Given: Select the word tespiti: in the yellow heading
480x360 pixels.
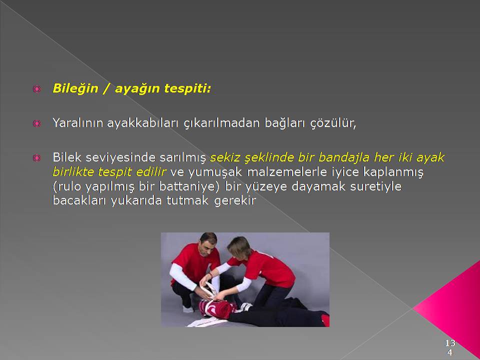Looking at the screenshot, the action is (187, 89).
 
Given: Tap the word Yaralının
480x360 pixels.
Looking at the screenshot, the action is (78, 123).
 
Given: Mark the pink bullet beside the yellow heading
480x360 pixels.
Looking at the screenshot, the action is (36, 89).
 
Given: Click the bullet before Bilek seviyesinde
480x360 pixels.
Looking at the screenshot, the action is (36, 158).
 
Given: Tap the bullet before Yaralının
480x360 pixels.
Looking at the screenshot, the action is (36, 123).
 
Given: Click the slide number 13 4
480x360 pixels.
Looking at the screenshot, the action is (449, 347).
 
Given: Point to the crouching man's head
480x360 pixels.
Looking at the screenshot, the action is (208, 243).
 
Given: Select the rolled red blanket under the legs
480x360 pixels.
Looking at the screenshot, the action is (216, 307).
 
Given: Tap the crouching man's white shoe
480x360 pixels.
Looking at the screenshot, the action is (187, 308).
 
